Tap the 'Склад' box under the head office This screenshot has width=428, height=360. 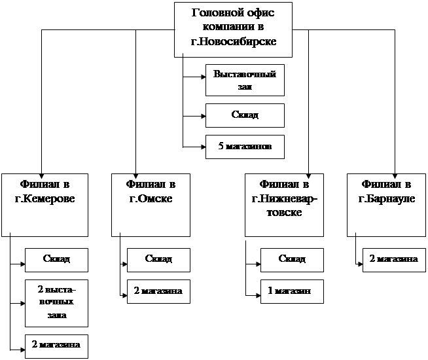(245, 115)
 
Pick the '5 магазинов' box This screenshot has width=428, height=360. (245, 147)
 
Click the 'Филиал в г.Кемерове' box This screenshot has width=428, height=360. (45, 204)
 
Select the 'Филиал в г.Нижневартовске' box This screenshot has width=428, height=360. (285, 204)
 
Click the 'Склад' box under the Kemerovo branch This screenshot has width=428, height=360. (56, 259)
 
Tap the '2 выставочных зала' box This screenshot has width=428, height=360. (56, 302)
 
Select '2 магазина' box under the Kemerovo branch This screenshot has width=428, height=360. (56, 346)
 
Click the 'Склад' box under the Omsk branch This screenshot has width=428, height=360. (158, 259)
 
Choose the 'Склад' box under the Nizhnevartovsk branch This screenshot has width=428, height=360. (292, 259)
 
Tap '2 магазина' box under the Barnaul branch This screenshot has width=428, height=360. (393, 259)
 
